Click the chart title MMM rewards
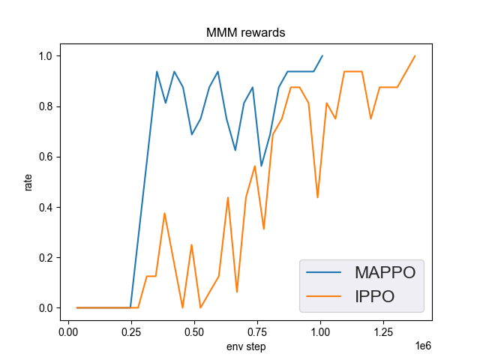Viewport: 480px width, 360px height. click(x=246, y=34)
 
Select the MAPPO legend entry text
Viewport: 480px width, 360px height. click(x=385, y=272)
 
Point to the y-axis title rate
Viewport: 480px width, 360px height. click(x=28, y=182)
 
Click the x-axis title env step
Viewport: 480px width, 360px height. click(x=246, y=346)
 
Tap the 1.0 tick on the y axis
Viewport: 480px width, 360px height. click(x=46, y=56)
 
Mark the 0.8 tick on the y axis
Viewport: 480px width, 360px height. click(x=46, y=106)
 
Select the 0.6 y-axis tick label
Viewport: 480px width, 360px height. click(x=46, y=157)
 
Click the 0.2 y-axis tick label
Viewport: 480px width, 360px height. click(x=46, y=258)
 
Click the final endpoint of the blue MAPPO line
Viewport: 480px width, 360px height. click(x=322, y=55)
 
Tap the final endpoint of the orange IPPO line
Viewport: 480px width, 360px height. click(x=415, y=55)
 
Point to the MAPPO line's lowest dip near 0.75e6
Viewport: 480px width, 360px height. click(x=261, y=166)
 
